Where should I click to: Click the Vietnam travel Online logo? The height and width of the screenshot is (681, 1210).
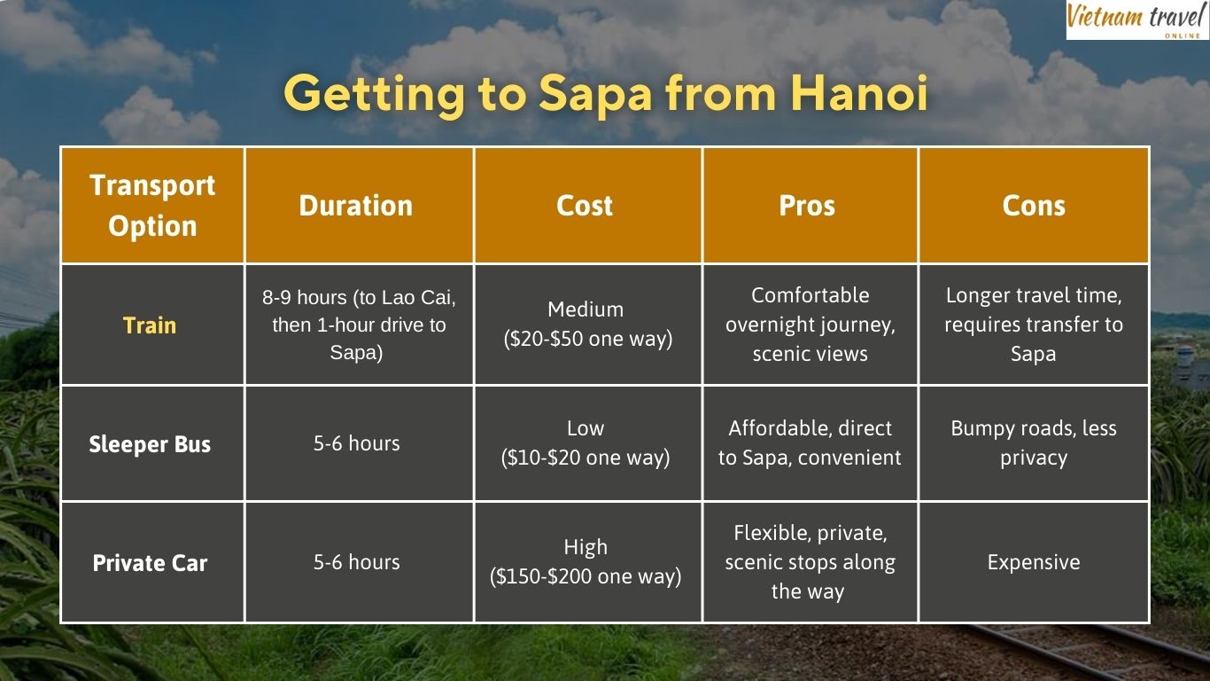coord(1136,20)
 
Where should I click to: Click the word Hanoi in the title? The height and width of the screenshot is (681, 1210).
coord(860,94)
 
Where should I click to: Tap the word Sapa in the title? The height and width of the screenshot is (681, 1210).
coord(595,95)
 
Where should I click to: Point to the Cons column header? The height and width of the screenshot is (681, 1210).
coord(1034,206)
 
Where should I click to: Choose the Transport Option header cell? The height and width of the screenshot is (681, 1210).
coord(152,206)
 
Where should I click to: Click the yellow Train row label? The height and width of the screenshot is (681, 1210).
coord(150,325)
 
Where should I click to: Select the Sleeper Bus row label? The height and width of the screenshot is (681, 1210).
coord(150,444)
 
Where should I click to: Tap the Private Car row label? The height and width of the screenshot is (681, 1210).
coord(150,563)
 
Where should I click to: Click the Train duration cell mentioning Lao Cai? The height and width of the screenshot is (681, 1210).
coord(359,325)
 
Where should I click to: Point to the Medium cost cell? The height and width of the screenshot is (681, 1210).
coord(587,324)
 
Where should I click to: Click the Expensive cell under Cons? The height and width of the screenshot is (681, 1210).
coord(1034,562)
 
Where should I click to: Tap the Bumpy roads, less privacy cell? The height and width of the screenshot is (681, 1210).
coord(1034,443)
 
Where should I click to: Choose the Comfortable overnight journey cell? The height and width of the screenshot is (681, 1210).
coord(810,325)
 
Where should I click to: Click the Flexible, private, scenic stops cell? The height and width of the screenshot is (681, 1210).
coord(810,562)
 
